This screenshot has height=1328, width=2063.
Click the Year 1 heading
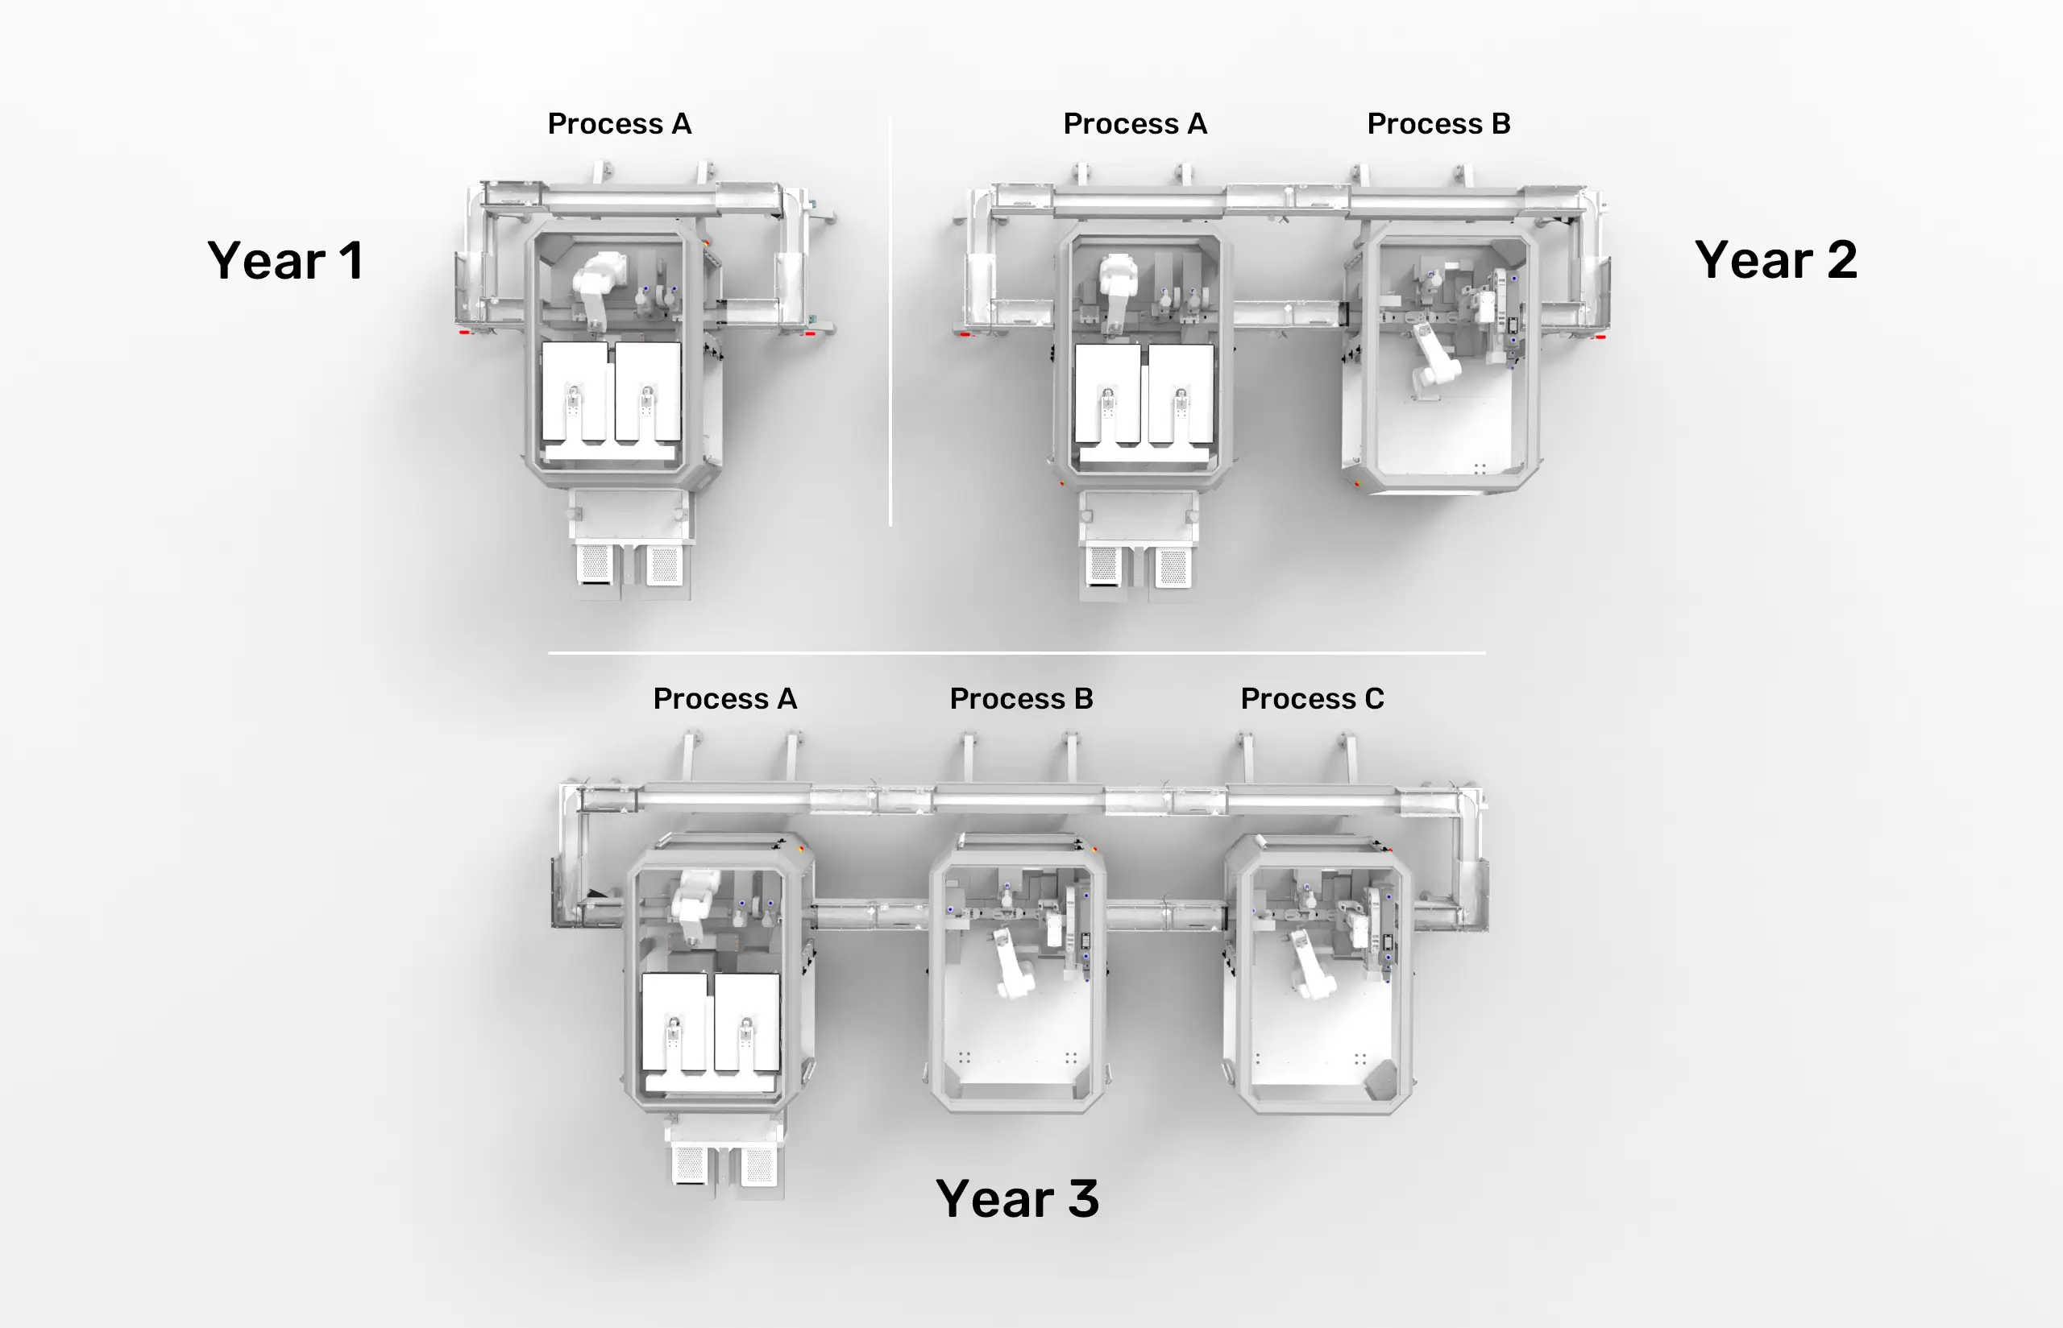284,260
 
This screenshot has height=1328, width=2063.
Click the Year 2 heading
1775,259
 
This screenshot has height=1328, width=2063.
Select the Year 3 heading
1017,1198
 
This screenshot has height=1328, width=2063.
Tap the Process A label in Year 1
620,123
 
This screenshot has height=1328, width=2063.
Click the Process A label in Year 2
1135,123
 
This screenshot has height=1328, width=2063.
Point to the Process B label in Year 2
1438,123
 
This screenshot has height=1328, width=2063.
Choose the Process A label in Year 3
724,698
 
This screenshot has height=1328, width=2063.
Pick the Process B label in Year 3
1021,698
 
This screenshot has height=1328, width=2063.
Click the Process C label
1313,698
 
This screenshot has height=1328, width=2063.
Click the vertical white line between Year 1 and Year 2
890,321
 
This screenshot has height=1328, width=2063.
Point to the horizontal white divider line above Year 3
1016,653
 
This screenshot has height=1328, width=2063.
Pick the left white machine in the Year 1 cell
575,393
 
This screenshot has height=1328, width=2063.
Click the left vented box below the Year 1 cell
595,564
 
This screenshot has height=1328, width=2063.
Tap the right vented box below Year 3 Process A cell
758,1166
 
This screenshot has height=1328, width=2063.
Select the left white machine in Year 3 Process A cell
675,1023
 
